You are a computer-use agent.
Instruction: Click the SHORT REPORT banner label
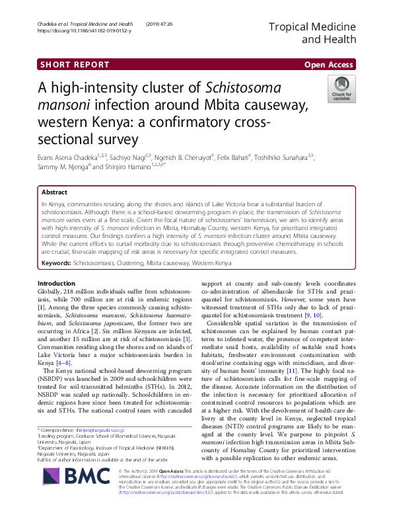coord(74,65)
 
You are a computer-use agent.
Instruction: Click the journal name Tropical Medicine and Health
coord(312,32)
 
